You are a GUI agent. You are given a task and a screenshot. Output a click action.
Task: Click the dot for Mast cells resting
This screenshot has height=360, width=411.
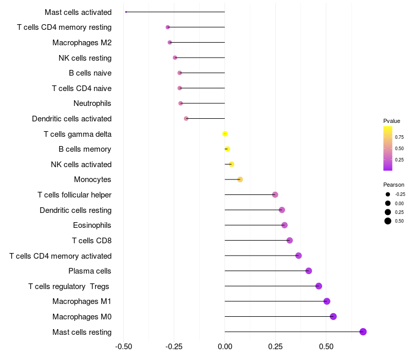coord(363,332)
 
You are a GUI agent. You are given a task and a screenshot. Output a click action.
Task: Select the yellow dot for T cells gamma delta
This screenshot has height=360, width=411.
coord(225,134)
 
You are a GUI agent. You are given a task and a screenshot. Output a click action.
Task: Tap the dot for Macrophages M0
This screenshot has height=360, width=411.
coord(333,317)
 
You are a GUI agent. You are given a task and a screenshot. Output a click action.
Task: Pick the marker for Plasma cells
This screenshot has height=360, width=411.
coord(309,271)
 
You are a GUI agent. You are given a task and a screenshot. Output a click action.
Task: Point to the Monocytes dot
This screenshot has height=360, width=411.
coord(240,179)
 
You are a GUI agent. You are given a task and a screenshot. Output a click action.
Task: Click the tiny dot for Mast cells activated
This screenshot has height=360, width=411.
coord(126,12)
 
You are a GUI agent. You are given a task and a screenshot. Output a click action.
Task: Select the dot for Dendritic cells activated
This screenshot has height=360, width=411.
coord(186,119)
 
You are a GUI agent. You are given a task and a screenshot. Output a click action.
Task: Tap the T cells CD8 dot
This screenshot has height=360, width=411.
coord(290,241)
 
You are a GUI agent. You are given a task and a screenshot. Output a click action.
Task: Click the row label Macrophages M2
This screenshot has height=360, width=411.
coord(82,43)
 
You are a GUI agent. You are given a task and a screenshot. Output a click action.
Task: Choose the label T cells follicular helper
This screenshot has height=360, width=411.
coord(74,195)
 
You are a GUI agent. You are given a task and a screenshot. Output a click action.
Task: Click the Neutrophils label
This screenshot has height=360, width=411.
coord(92,103)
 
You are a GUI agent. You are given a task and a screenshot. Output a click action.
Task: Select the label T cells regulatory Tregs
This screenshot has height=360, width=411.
coord(69,286)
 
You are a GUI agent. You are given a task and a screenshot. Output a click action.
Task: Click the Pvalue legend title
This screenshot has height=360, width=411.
coord(391,121)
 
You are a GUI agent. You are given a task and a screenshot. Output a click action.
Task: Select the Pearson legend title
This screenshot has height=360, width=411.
coord(394,185)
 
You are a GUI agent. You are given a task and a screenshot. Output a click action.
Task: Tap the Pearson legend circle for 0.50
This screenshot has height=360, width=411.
coord(388,221)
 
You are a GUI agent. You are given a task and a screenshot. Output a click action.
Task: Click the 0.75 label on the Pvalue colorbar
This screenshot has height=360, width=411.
coord(399,137)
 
